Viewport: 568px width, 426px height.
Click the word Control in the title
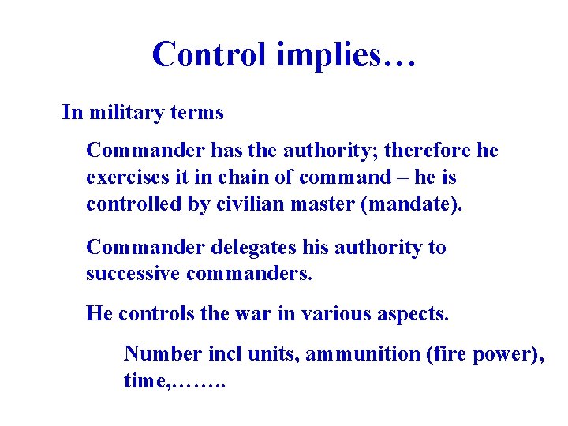click(x=209, y=54)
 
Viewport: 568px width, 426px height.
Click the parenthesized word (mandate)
click(x=409, y=205)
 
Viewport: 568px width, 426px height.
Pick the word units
click(x=269, y=354)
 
